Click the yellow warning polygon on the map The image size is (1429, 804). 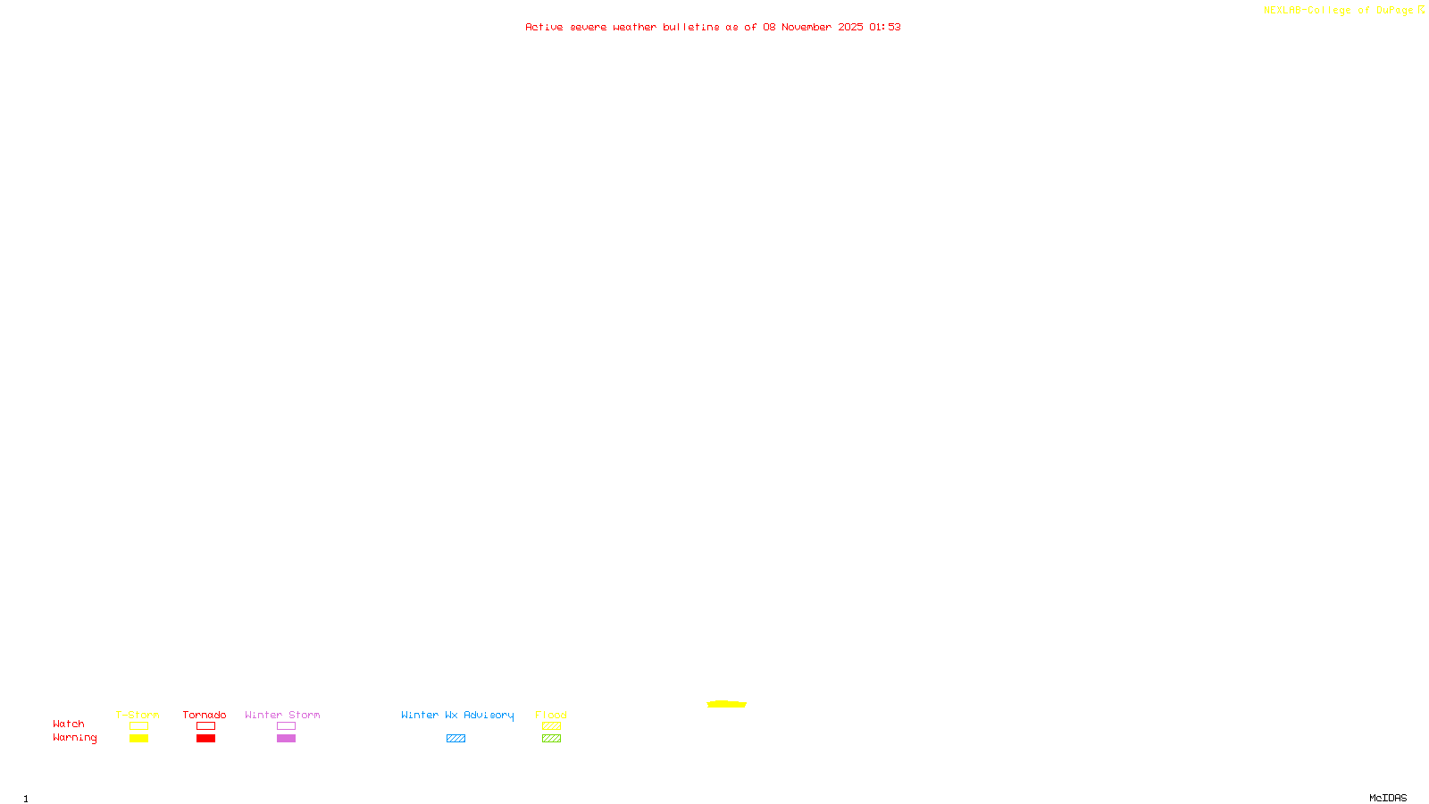[726, 704]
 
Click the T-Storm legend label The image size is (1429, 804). [138, 715]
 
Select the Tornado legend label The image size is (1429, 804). [205, 715]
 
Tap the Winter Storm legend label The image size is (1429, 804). [282, 715]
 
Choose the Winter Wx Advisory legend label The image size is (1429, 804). [457, 715]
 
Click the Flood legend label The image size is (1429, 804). [551, 715]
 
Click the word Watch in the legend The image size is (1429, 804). [69, 724]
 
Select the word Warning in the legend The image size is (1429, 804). [74, 738]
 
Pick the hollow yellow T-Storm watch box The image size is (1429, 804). [138, 726]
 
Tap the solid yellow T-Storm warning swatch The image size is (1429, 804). [138, 739]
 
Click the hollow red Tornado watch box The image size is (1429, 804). [205, 726]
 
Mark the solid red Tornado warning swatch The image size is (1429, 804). [205, 739]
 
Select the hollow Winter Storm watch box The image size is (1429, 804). [286, 726]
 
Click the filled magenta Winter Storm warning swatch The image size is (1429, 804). [286, 739]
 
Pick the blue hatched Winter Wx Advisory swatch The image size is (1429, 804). [455, 739]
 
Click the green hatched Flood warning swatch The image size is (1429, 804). [551, 739]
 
